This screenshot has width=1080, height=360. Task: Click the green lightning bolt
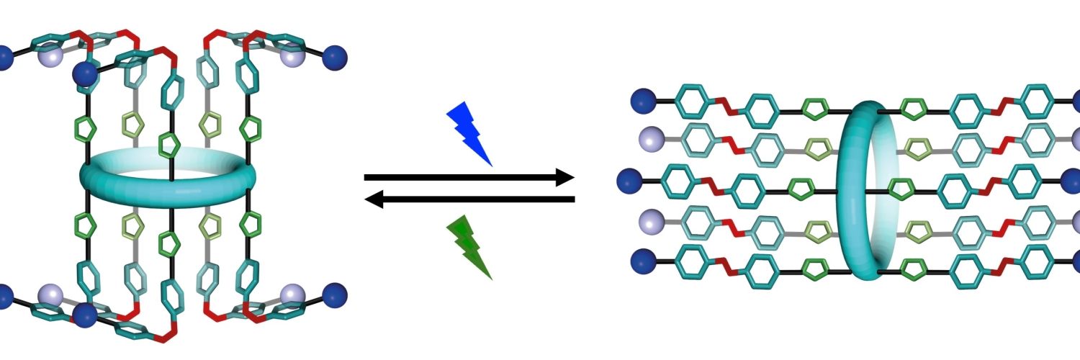[469, 247]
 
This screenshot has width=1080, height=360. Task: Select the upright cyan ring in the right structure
[867, 190]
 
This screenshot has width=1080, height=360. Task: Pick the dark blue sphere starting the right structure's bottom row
[642, 261]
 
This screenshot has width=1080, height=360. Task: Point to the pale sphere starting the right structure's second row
[649, 141]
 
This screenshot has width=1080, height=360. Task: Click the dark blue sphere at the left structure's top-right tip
[335, 55]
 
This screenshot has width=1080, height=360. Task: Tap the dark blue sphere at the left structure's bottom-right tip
[335, 294]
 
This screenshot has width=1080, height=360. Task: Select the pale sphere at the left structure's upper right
[292, 58]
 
